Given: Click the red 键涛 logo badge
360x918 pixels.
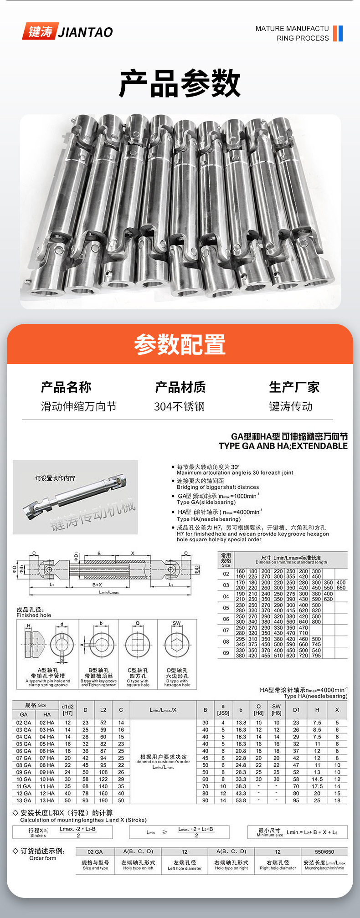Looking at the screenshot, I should [x=40, y=31].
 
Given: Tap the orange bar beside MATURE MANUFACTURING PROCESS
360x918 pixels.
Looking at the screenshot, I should [x=335, y=33].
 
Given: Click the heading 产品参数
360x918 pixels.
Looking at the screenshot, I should [x=180, y=83].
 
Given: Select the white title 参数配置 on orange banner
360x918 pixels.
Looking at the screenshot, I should [x=180, y=344].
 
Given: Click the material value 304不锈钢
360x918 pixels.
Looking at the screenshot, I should [x=180, y=406].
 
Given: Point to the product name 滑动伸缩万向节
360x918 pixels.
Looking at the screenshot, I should [x=78, y=406].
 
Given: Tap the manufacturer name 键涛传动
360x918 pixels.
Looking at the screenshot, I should [x=291, y=406].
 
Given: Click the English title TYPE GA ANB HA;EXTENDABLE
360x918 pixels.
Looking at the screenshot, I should [x=283, y=446].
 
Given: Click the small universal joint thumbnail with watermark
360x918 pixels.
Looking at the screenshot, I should [x=75, y=497].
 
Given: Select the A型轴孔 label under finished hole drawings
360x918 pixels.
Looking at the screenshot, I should [x=48, y=670].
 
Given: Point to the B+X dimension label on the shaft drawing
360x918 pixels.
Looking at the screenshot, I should [x=97, y=585].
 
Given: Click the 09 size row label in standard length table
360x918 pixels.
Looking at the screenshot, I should [x=226, y=653].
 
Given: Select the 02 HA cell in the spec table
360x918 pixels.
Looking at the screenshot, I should [x=47, y=723].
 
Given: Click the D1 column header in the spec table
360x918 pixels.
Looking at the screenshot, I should [x=296, y=710].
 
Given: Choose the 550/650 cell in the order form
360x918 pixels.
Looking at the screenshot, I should [x=324, y=851].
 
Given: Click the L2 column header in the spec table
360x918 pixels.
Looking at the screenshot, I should [x=103, y=710].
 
